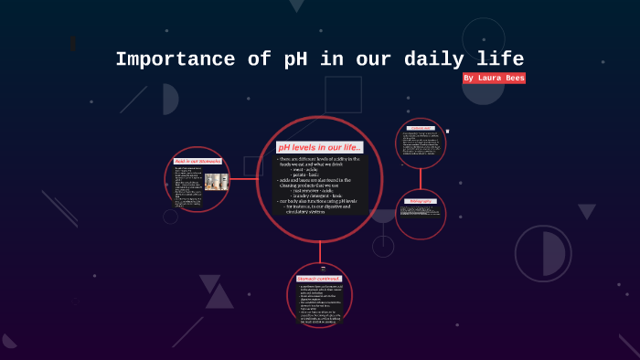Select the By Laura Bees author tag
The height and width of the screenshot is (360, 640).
(494, 79)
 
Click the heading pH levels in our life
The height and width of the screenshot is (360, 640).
(320, 147)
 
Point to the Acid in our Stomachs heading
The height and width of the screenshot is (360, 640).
(197, 161)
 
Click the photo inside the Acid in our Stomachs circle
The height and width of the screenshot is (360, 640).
(217, 181)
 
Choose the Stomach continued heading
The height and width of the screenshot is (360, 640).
(319, 278)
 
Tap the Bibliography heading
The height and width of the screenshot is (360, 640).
(421, 200)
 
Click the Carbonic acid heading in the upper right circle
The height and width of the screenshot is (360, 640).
(421, 128)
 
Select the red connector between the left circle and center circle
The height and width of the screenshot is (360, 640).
(243, 179)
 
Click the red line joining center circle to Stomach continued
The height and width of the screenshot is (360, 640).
(320, 253)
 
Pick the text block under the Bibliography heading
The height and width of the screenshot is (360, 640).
(421, 211)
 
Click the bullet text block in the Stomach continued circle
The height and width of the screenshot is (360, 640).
(320, 303)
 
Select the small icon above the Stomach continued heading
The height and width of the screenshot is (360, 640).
(320, 269)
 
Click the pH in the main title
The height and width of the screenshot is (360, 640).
(283, 60)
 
